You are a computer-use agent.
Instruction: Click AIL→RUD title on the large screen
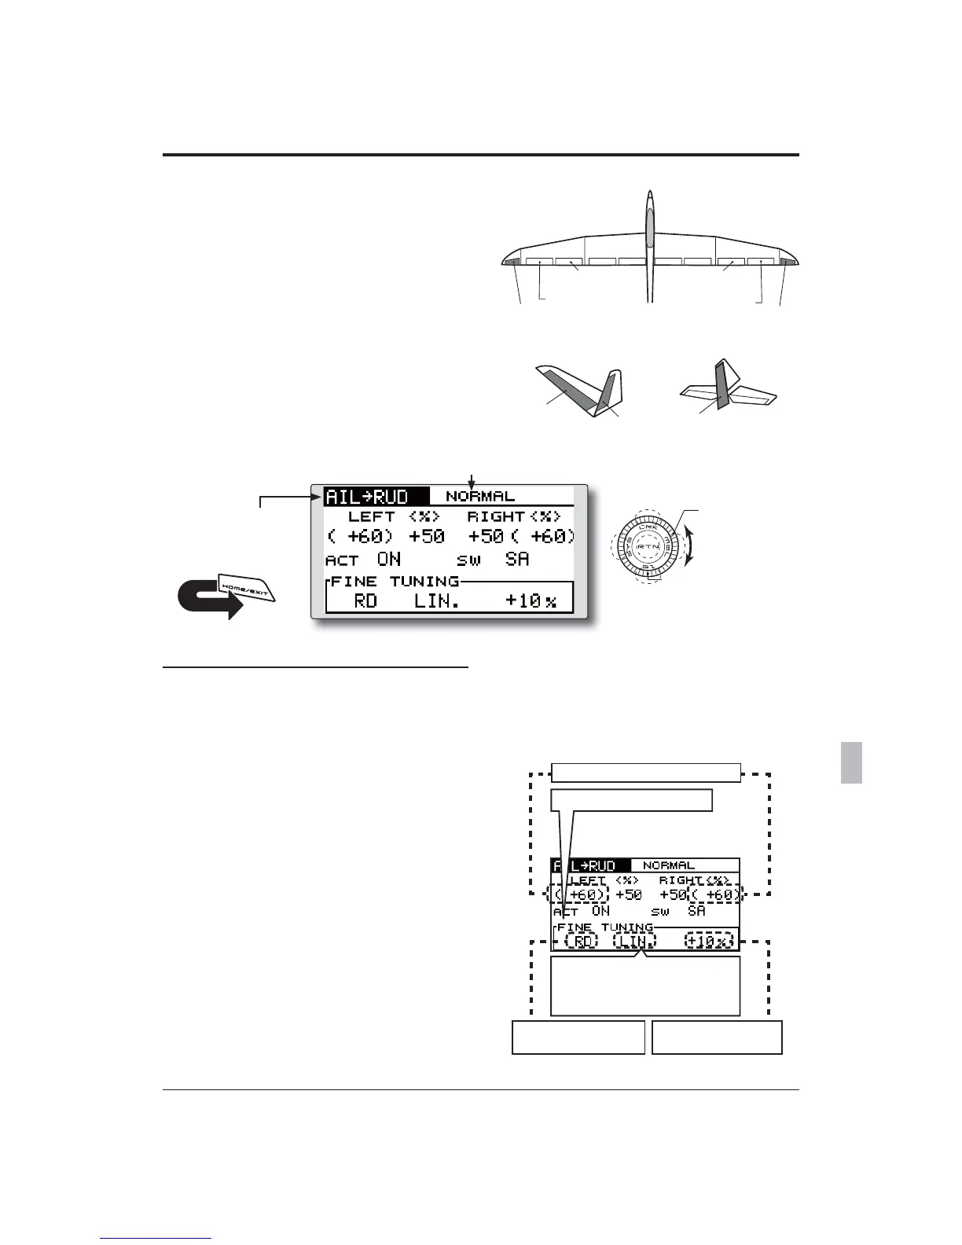coord(367,496)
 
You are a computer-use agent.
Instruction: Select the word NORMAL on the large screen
coord(480,496)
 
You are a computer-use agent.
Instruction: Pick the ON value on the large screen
coord(388,559)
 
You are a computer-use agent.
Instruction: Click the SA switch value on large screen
coord(517,559)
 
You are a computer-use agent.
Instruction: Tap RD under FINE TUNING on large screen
coord(365,601)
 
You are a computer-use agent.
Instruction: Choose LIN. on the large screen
coord(436,601)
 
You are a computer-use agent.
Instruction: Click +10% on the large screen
coord(531,601)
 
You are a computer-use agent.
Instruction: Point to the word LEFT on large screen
coord(371,516)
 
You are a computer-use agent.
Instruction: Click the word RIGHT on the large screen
coord(496,516)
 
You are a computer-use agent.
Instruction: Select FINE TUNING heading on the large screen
coord(395,581)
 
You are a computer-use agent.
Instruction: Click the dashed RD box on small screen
coord(582,941)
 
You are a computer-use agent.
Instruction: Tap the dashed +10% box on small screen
coord(708,941)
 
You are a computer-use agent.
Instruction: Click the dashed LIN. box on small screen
coord(633,941)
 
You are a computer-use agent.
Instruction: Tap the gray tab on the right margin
coord(851,762)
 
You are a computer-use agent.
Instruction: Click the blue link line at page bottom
coord(156,1238)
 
